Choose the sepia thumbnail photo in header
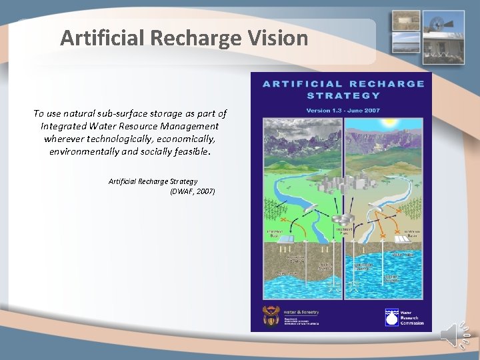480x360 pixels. (x=405, y=19)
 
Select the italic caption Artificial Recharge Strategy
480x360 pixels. (x=153, y=181)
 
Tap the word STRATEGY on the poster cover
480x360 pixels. (x=343, y=95)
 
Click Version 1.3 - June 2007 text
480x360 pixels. (x=343, y=110)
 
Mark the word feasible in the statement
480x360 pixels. (x=191, y=152)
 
